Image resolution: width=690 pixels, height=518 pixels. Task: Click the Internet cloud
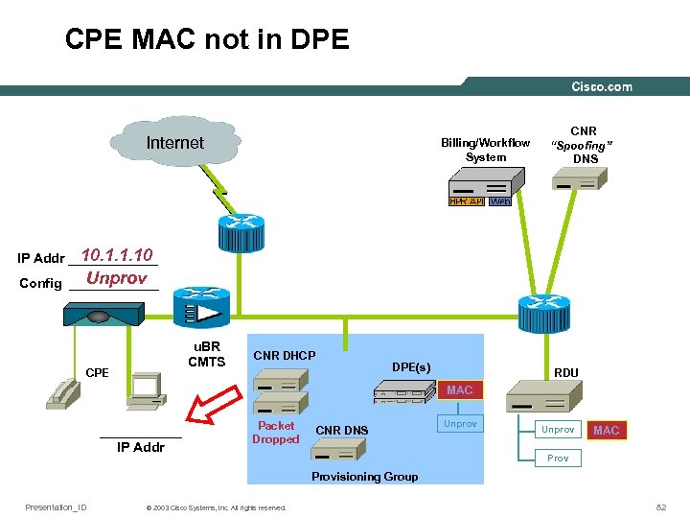coord(173,144)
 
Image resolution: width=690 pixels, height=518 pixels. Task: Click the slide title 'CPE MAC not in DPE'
coord(207,39)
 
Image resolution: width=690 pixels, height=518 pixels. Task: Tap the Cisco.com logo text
coord(602,87)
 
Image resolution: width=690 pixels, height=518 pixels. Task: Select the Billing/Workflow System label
coord(485,150)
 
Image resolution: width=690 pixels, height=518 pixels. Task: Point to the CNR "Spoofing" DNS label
coord(583,145)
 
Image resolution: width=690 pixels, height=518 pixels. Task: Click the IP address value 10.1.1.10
coord(117,255)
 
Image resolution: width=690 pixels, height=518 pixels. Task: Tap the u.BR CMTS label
coord(206,354)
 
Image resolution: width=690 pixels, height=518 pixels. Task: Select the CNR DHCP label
coord(284,356)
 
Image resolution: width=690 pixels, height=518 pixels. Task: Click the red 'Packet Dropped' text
coord(276,433)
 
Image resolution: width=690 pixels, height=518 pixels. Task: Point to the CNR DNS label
coord(341,430)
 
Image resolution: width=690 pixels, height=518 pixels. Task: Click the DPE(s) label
coord(411,366)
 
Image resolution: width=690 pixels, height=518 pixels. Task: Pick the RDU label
coord(565,373)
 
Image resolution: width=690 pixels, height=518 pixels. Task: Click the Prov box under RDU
coord(558,459)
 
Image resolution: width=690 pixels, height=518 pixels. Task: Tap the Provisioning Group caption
coord(364,477)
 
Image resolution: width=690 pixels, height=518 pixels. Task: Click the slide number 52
coord(660,506)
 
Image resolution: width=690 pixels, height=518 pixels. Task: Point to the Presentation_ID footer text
coord(56,507)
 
